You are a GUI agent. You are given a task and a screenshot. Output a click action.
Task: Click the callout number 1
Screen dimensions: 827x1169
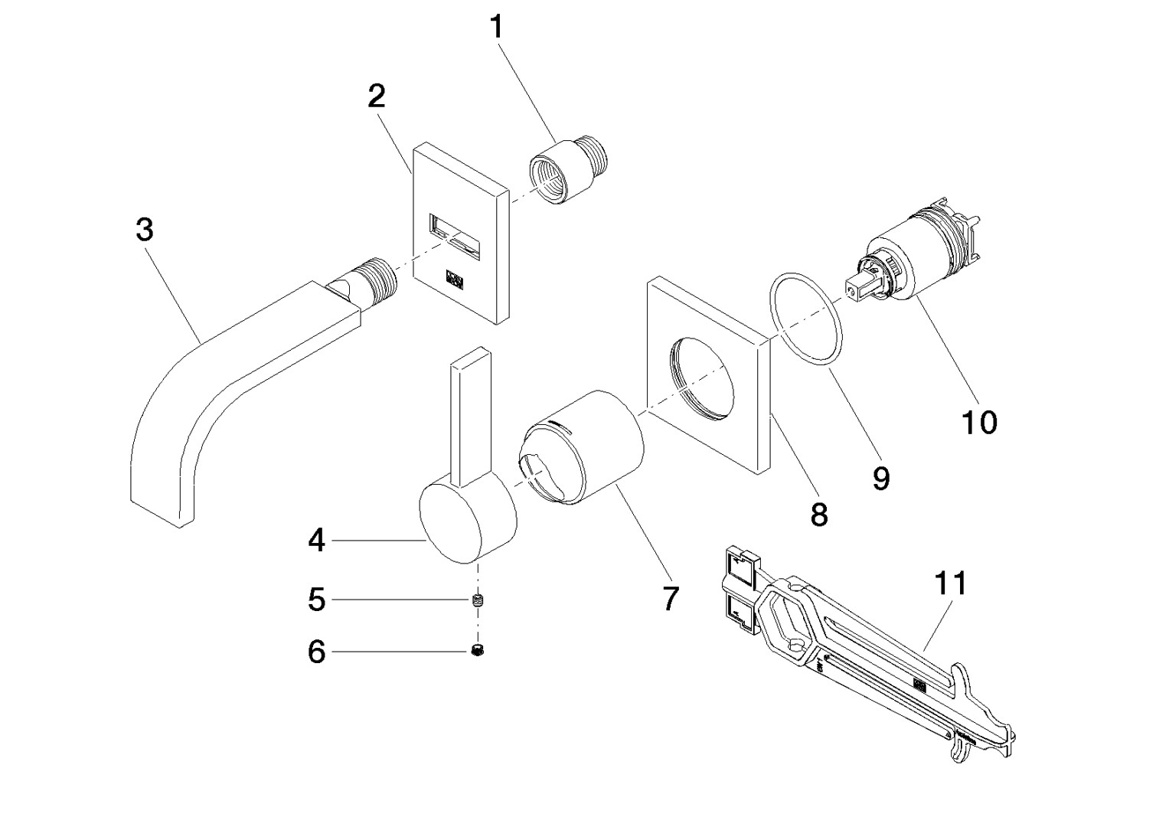497,28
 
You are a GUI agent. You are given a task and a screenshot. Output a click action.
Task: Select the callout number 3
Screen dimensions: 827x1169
144,229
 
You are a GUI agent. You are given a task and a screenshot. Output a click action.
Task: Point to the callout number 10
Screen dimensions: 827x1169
979,422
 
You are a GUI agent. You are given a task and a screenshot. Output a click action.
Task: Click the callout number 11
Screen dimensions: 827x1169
950,584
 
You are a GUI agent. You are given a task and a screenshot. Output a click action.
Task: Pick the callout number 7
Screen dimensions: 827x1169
670,599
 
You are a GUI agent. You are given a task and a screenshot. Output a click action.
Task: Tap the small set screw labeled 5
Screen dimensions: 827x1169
479,600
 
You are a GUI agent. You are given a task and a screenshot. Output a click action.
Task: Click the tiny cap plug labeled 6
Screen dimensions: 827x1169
479,652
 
